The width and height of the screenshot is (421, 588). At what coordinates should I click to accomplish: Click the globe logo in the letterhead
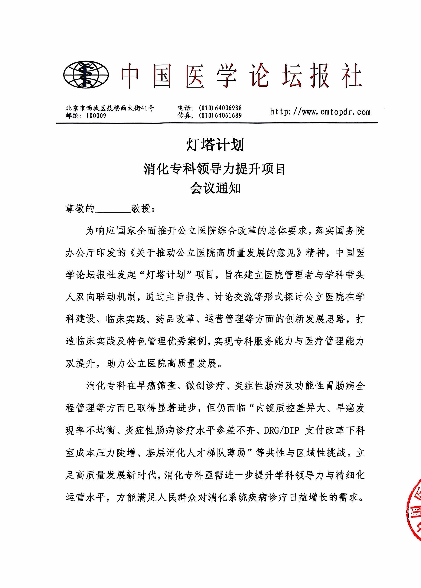click(86, 75)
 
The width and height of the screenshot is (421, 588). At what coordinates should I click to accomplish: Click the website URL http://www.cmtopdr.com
click(320, 112)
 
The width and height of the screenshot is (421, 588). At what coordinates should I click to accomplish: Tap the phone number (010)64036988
click(220, 108)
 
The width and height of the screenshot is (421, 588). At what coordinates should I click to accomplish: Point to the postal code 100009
click(96, 116)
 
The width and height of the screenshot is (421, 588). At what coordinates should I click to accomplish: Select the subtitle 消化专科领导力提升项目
click(215, 169)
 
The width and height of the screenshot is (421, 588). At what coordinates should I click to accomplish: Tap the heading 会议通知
click(215, 188)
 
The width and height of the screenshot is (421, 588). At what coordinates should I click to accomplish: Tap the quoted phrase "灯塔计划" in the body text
click(166, 275)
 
